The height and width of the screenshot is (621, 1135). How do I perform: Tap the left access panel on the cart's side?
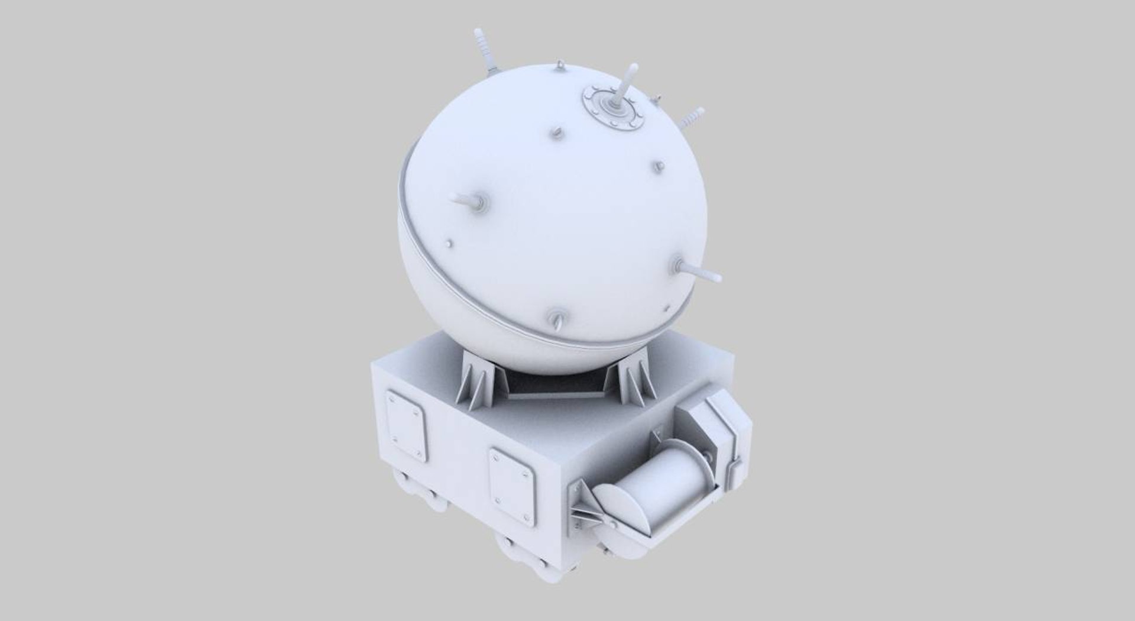click(406, 424)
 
